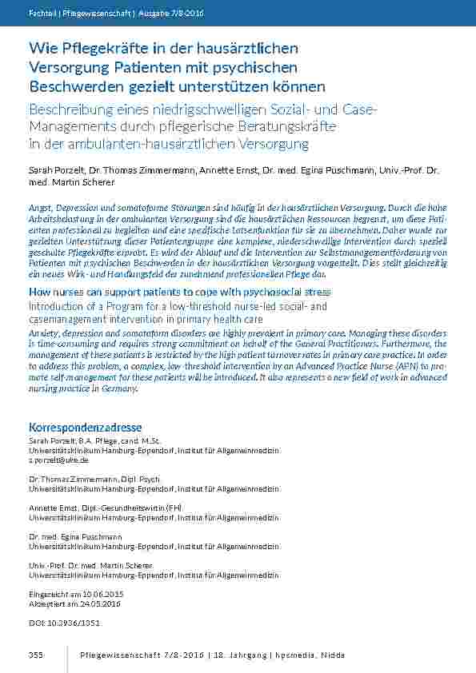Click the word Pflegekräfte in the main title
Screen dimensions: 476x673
94,50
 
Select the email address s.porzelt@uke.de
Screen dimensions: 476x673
58,460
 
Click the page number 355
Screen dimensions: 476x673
35,655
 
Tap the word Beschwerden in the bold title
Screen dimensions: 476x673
73,86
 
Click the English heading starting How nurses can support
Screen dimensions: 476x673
179,293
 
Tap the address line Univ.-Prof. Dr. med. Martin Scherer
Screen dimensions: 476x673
90,565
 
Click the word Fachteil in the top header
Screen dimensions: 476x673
42,13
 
